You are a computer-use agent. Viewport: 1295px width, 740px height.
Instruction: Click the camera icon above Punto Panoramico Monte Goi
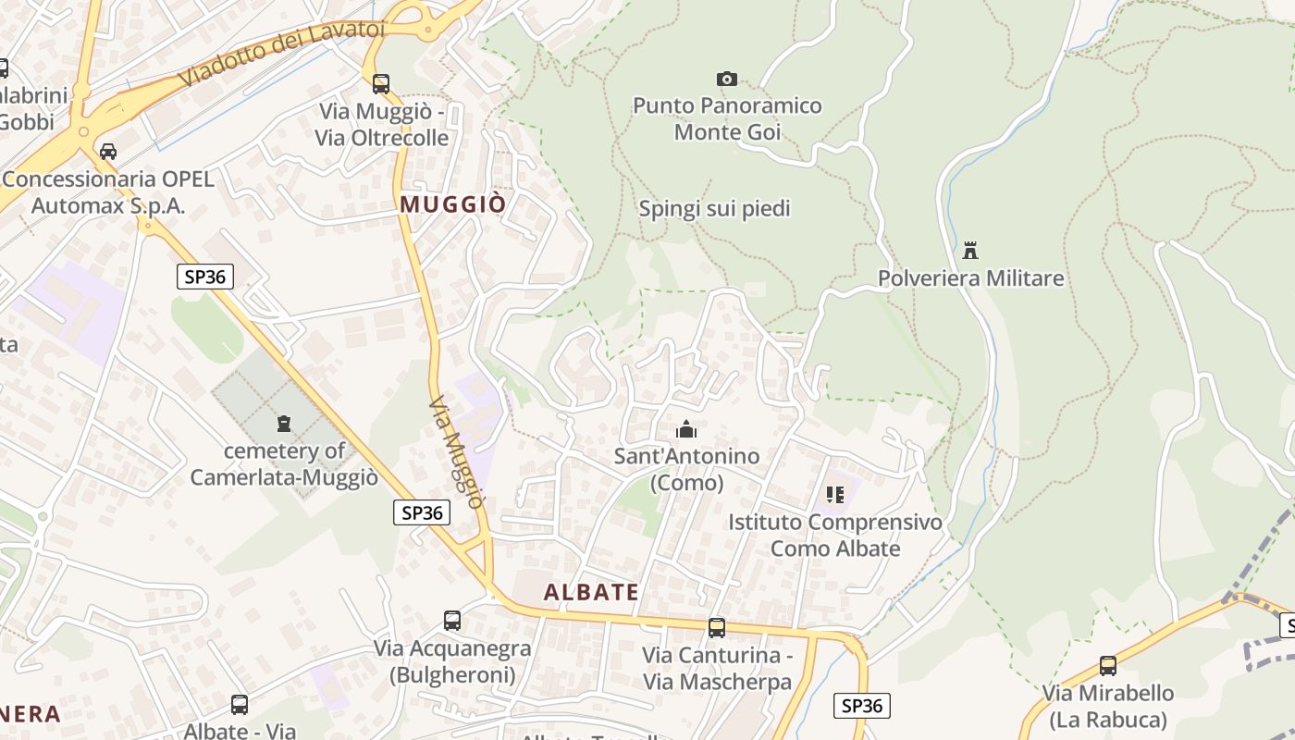point(727,80)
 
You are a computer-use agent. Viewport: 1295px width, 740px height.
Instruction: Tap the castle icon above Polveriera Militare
point(970,250)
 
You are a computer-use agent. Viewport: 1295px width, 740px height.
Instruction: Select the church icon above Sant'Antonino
point(686,429)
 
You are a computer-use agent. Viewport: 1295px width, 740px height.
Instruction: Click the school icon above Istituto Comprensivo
point(835,495)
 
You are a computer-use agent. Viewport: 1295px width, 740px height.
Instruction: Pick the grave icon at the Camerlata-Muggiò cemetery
point(284,424)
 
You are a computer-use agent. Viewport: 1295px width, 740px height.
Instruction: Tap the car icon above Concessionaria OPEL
point(108,151)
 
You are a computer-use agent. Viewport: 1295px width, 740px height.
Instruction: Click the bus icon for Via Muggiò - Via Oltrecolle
point(381,84)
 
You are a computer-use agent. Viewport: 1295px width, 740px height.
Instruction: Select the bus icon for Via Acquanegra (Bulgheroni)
point(452,621)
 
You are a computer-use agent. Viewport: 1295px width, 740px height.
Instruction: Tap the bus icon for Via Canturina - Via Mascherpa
point(717,628)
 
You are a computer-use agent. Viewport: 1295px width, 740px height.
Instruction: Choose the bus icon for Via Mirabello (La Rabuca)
point(1108,665)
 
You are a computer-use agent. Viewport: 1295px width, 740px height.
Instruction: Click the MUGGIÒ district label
point(453,204)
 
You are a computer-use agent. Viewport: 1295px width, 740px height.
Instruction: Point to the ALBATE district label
point(591,593)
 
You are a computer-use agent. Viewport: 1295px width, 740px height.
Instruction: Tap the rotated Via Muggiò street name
point(457,452)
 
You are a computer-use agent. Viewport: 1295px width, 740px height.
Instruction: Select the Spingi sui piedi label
point(715,209)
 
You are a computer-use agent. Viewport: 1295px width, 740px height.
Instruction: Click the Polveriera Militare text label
point(970,278)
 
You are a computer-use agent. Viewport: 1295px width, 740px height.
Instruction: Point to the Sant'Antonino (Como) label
point(686,469)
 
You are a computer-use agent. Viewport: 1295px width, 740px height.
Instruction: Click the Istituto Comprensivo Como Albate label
point(835,536)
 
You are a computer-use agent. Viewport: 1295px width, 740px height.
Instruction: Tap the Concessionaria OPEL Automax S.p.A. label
point(108,192)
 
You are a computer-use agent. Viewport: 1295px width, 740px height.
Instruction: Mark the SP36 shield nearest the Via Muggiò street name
point(422,512)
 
